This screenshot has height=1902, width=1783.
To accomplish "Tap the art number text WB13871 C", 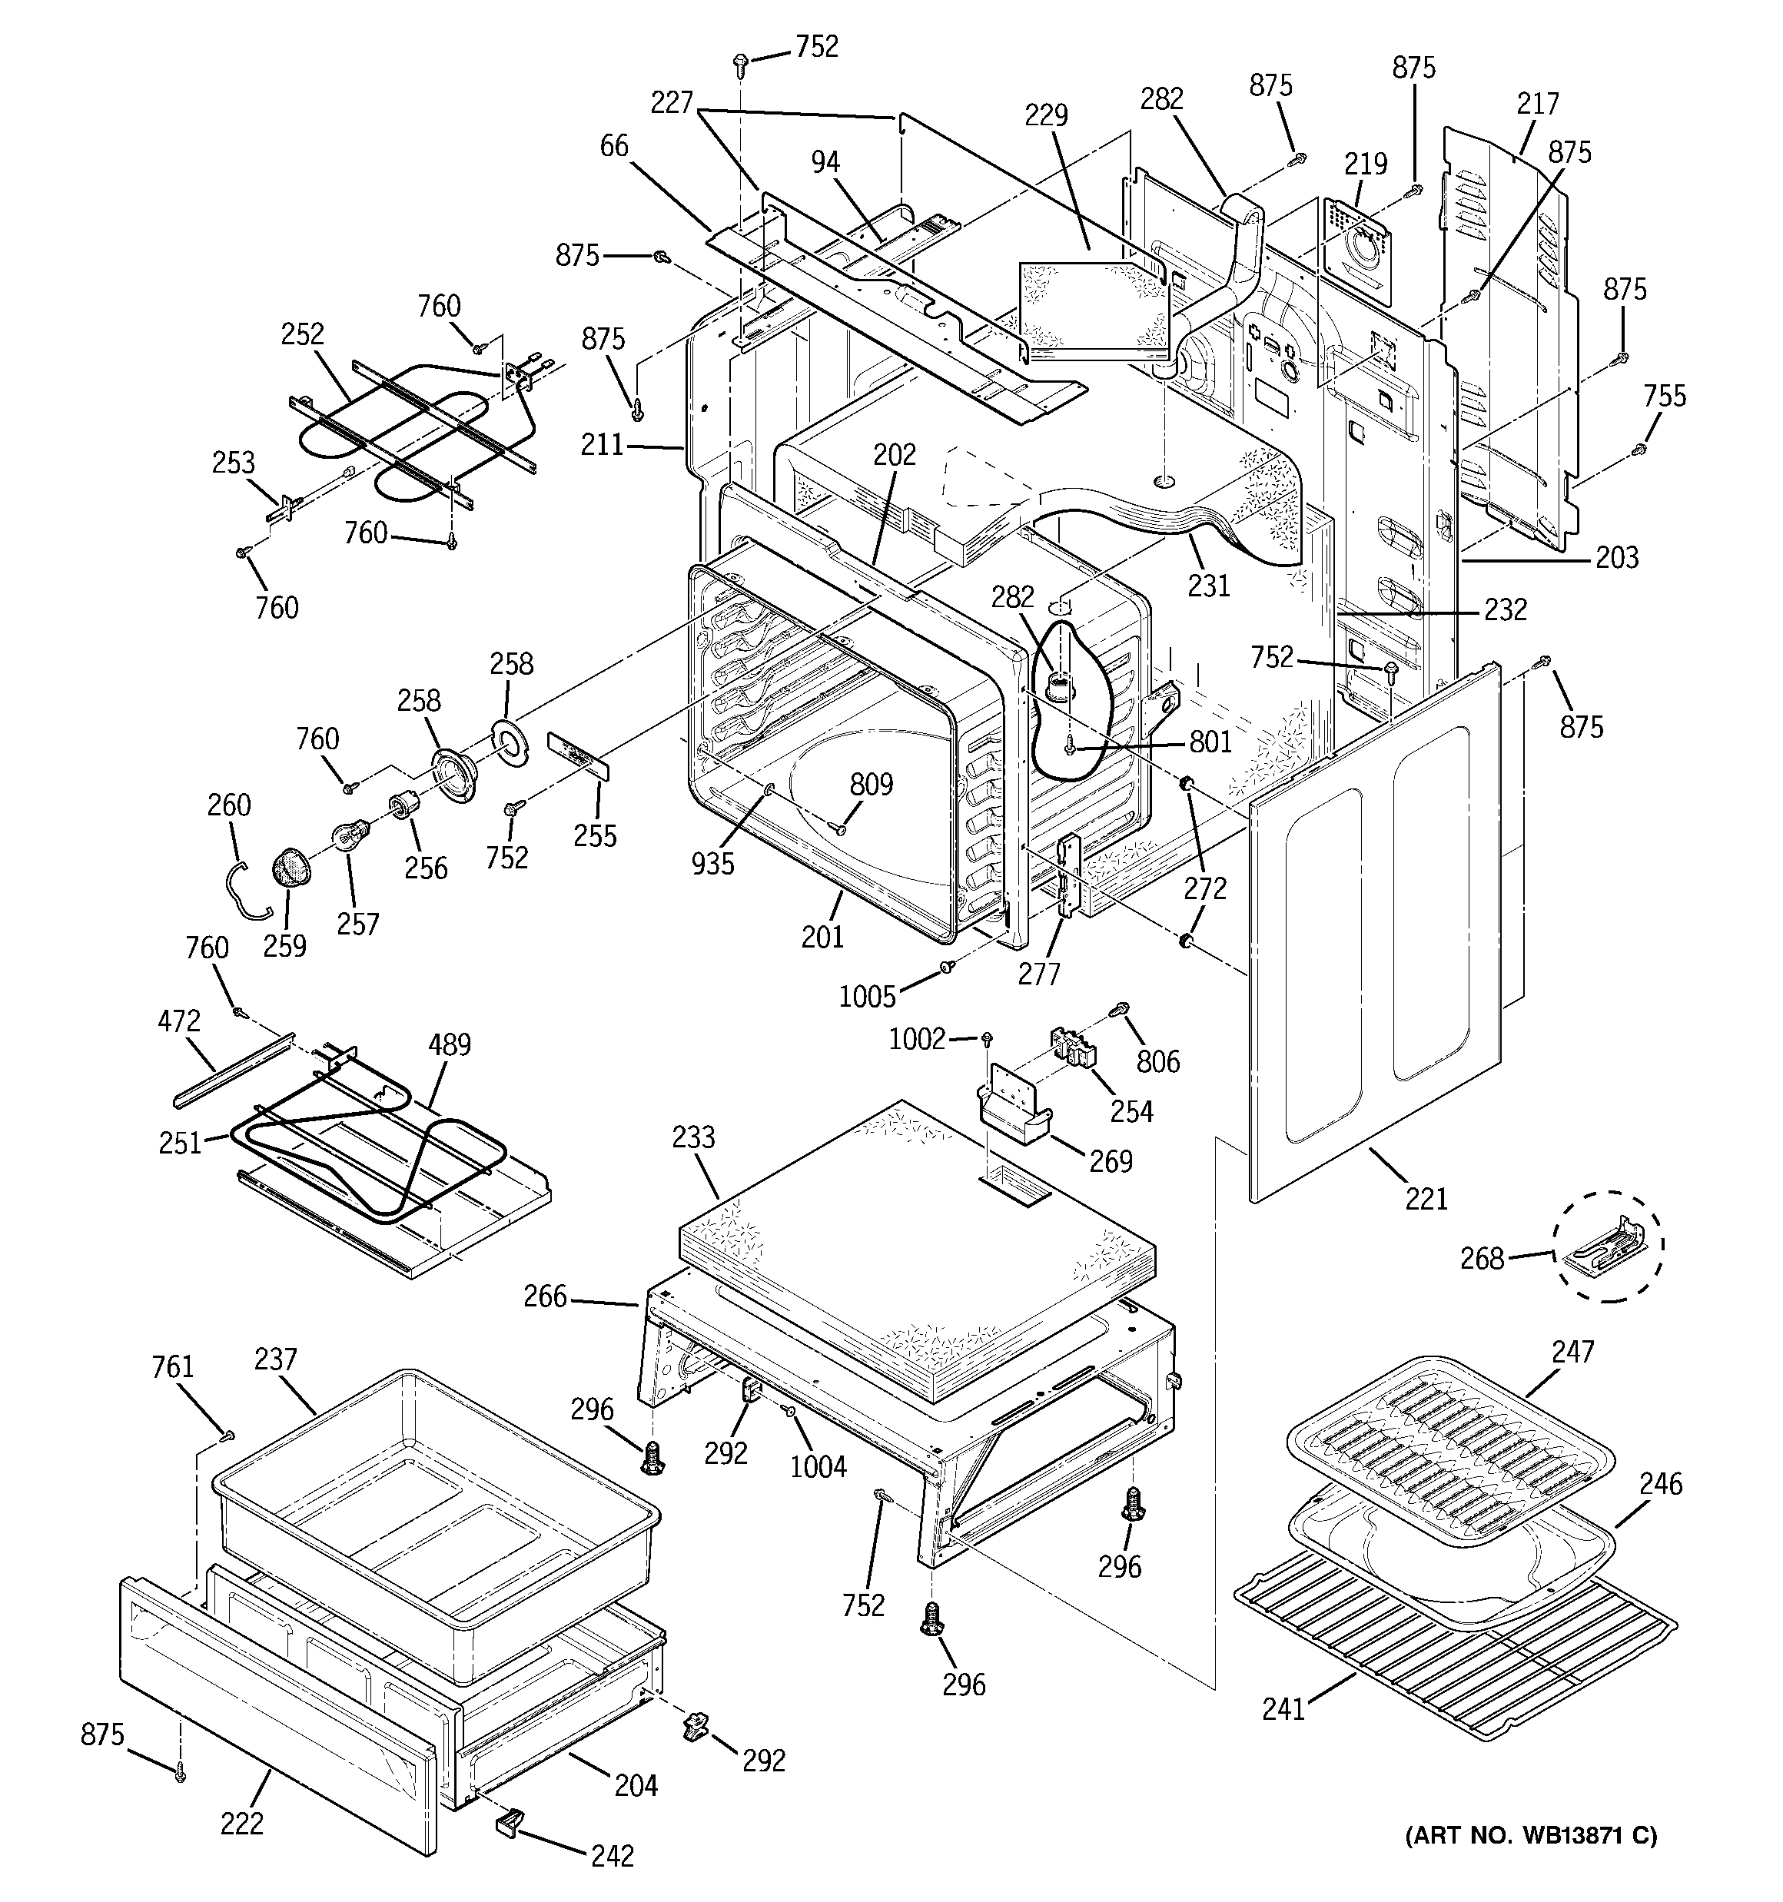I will click(1530, 1835).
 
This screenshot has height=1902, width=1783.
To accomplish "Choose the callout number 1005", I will click(867, 997).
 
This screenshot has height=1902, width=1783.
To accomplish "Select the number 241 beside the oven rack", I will click(1283, 1709).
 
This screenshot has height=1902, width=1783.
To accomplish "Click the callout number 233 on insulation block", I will click(693, 1137).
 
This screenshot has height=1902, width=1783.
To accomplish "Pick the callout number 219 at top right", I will click(1365, 164).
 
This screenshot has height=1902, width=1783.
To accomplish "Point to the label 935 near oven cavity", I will click(712, 863).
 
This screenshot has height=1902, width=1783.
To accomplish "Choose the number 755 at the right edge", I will click(1665, 396).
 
